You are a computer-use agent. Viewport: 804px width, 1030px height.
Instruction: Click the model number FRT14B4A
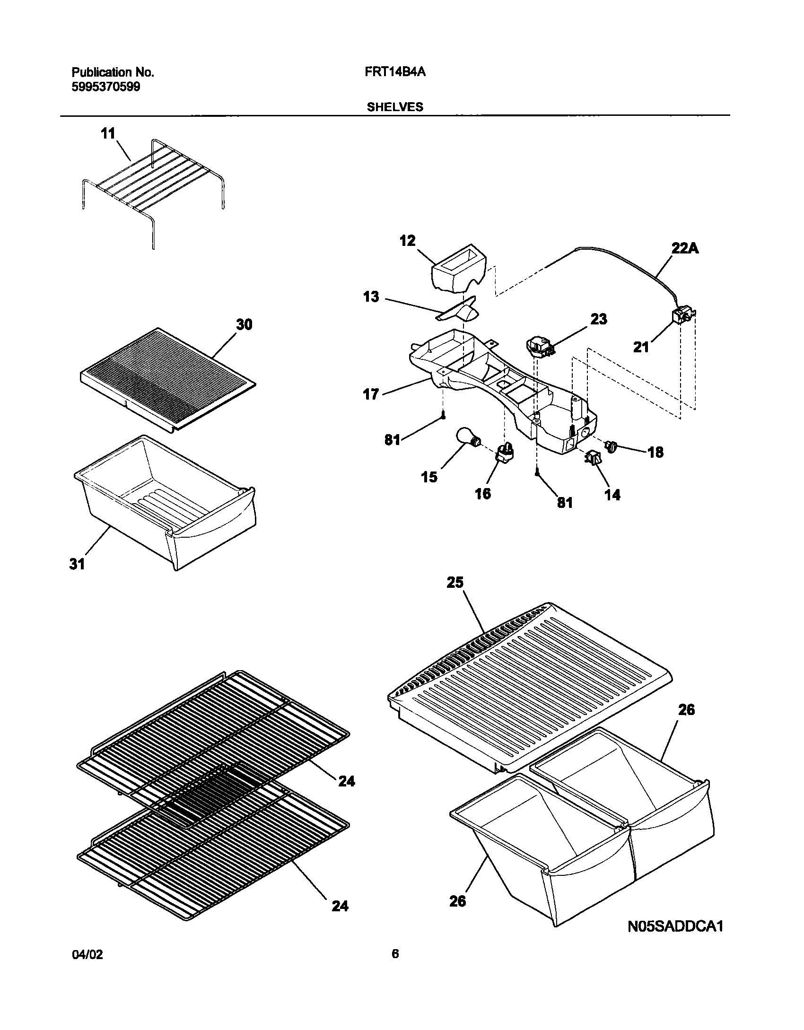point(395,72)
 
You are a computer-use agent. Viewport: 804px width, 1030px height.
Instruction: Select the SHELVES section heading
point(395,107)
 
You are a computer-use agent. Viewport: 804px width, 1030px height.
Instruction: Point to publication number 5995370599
point(105,87)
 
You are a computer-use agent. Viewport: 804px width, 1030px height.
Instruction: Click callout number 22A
point(684,248)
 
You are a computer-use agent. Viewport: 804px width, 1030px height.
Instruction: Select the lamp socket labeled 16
point(504,453)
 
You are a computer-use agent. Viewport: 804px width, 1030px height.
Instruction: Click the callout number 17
point(371,393)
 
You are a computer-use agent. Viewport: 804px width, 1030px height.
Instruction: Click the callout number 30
point(244,325)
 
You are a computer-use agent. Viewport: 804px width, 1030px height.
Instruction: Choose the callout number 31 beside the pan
point(77,564)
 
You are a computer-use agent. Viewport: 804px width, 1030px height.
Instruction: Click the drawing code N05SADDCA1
point(675,940)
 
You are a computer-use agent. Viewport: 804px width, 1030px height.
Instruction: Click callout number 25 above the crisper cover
point(455,583)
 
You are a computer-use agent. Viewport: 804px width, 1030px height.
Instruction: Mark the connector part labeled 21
point(682,315)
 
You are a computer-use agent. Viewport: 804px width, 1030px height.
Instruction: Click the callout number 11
point(108,134)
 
